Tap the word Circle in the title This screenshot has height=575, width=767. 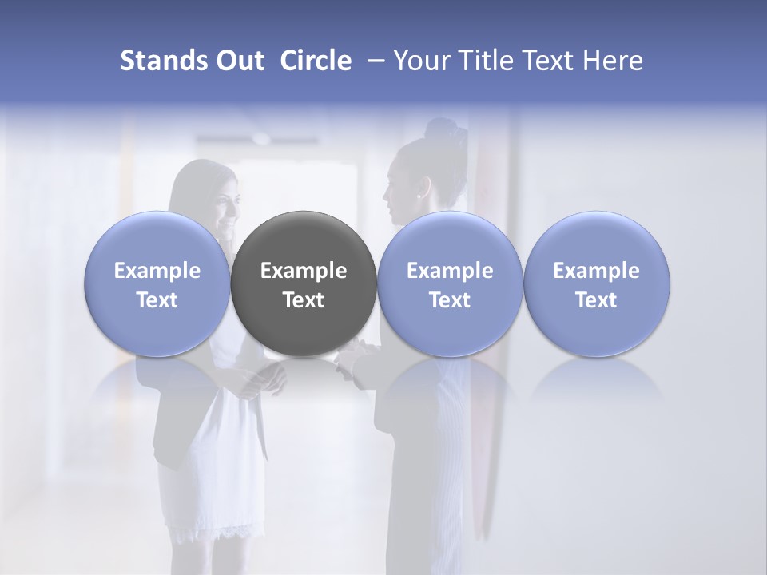[x=316, y=61]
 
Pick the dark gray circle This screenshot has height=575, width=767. [x=304, y=284]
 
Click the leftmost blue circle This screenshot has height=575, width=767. [x=157, y=284]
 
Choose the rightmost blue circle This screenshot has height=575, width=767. [x=596, y=284]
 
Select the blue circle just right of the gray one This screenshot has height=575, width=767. [x=450, y=284]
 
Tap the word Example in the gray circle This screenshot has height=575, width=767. [x=304, y=271]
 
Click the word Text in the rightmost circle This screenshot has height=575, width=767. [x=596, y=300]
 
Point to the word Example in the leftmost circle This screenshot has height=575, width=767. [x=157, y=271]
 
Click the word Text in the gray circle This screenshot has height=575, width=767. [x=304, y=300]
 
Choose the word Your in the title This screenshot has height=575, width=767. [x=419, y=61]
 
